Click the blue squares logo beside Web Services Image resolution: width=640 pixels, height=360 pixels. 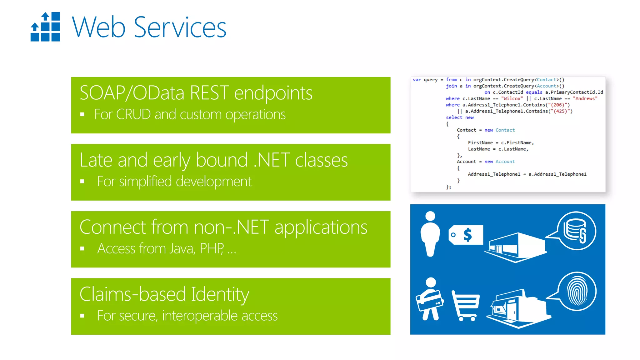pyautogui.click(x=45, y=27)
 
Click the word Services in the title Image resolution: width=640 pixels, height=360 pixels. pyautogui.click(x=180, y=27)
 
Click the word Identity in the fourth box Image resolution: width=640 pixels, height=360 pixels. pyautogui.click(x=220, y=294)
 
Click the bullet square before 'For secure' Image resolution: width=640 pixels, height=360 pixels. pyautogui.click(x=82, y=316)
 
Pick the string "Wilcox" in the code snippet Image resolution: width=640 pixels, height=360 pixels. pyautogui.click(x=512, y=98)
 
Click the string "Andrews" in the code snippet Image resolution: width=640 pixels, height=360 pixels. pyautogui.click(x=585, y=98)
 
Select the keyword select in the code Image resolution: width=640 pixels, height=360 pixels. pyautogui.click(x=454, y=117)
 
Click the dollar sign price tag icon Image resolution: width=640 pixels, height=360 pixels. pyautogui.click(x=466, y=235)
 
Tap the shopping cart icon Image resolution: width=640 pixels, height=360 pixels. pyautogui.click(x=465, y=305)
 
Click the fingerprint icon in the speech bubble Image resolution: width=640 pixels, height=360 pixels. pyautogui.click(x=577, y=291)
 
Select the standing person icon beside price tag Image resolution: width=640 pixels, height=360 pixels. pyautogui.click(x=430, y=234)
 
